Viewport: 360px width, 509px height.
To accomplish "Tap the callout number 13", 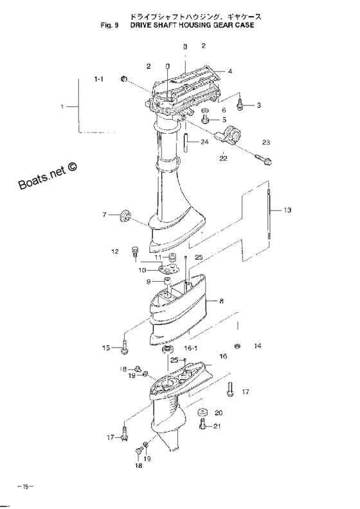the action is coord(287,210).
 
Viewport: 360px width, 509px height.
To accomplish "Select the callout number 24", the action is coord(204,142).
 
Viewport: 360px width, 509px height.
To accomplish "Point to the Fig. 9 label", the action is coord(109,25).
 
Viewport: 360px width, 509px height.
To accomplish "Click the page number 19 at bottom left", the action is coord(26,486).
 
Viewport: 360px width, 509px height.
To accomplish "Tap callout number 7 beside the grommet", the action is coord(104,214).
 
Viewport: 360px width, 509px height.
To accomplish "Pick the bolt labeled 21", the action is coord(203,425).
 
